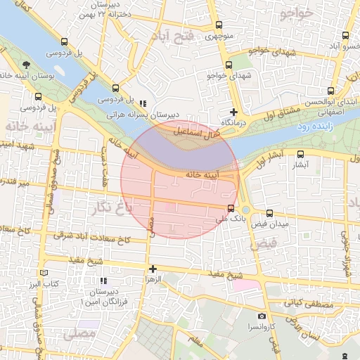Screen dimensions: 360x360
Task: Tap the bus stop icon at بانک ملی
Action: point(231,207)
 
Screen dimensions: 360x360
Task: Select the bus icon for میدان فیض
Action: point(270,213)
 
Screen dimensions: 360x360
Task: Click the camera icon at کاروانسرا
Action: point(262,316)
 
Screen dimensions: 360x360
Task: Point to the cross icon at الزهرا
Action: point(153,269)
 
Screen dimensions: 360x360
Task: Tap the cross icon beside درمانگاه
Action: point(234,112)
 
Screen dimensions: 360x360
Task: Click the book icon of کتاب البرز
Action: point(45,273)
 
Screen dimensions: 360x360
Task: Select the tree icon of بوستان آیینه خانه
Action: point(27,65)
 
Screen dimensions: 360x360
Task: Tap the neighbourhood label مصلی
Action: point(78,334)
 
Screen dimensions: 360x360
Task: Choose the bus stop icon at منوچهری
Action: point(219,26)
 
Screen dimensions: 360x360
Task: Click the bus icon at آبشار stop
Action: point(301,155)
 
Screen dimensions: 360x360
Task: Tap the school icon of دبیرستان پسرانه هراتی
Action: point(143,103)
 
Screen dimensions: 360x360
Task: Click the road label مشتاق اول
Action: point(274,113)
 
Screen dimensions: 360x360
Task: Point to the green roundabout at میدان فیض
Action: point(247,210)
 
